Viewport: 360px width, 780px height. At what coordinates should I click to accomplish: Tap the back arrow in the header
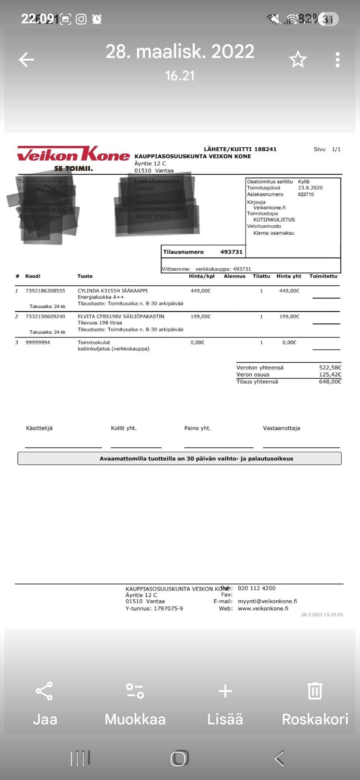[27, 60]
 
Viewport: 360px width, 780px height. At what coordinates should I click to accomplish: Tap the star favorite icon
[298, 60]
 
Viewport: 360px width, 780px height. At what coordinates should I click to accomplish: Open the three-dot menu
[337, 60]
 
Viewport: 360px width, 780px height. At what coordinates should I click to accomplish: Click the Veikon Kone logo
[73, 158]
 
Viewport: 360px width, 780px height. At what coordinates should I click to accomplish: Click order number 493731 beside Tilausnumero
[231, 252]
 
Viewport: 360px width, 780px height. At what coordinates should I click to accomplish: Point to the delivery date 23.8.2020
[310, 188]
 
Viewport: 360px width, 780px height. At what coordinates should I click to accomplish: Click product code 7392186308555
[45, 291]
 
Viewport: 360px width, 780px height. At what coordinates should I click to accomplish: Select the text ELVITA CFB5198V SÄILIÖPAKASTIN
[121, 316]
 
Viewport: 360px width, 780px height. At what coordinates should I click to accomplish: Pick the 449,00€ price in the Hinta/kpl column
[201, 291]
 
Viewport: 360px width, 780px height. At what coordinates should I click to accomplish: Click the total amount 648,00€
[330, 382]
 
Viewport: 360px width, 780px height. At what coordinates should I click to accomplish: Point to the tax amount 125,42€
[330, 375]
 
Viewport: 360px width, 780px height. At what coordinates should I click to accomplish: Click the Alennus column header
[234, 276]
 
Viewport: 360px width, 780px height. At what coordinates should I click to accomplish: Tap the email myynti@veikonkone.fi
[267, 601]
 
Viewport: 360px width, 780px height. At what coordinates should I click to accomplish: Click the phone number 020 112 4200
[256, 588]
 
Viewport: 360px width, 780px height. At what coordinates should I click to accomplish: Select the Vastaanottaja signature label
[281, 428]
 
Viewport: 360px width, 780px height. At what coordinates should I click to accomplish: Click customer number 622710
[306, 195]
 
